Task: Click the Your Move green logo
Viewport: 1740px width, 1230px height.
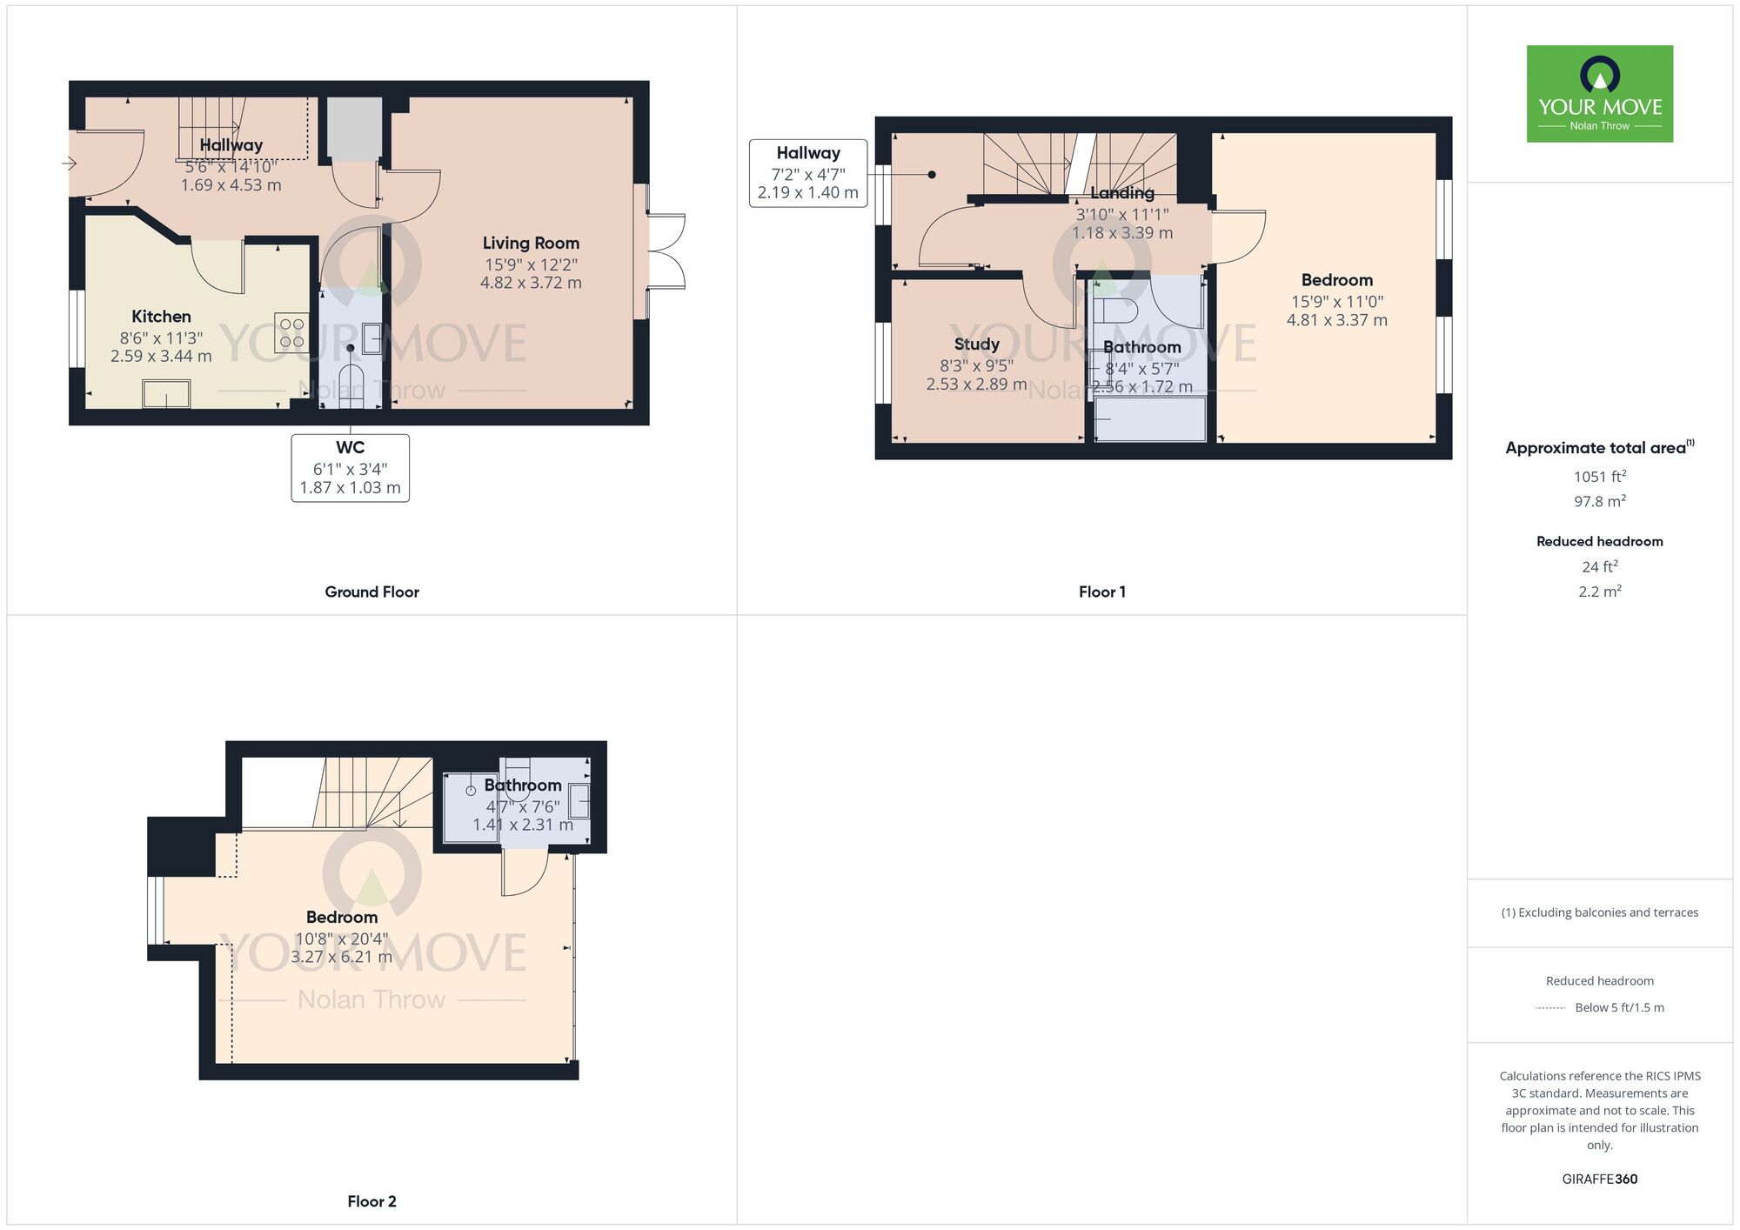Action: pos(1599,94)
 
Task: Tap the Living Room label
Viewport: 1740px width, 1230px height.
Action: pos(531,244)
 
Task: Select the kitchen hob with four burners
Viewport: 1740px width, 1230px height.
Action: pos(291,332)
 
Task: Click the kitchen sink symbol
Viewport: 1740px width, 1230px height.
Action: pos(166,394)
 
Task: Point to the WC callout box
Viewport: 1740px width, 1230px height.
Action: pos(350,468)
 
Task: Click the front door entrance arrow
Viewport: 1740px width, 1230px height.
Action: pos(70,164)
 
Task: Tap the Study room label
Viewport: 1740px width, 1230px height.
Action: pos(976,344)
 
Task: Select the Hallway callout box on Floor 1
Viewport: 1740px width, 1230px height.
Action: pos(808,173)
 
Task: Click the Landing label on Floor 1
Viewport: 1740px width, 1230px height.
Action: pos(1122,193)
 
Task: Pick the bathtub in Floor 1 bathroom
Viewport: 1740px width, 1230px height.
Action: pos(1150,418)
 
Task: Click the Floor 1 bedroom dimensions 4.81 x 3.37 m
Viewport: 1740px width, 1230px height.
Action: pos(1336,320)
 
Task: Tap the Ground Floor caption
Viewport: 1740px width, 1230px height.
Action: pos(371,592)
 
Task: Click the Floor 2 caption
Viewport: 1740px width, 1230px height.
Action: pos(371,1201)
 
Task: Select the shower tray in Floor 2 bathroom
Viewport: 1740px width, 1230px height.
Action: pos(471,807)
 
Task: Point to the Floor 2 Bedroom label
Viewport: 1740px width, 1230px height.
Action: pos(342,917)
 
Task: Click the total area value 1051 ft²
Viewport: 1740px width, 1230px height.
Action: pos(1599,477)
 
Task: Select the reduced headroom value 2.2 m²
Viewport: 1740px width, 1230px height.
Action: pos(1599,592)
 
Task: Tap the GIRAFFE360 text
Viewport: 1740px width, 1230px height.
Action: pos(1599,1180)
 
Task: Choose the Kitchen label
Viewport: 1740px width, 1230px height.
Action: pos(161,317)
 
